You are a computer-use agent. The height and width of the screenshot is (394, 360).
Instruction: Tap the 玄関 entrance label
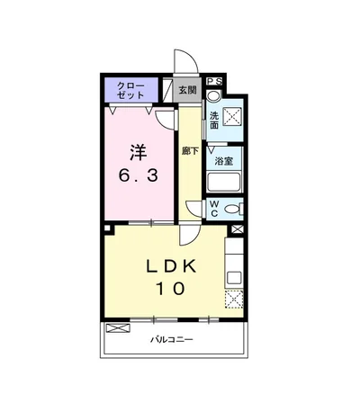tap(187, 90)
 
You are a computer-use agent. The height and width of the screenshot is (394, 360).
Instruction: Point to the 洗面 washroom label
tap(214, 120)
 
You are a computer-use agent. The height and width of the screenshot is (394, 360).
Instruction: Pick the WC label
tap(214, 208)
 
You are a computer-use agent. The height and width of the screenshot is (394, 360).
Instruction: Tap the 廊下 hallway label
tap(189, 152)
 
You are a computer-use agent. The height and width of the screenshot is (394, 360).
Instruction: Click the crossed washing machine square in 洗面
tap(231, 118)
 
